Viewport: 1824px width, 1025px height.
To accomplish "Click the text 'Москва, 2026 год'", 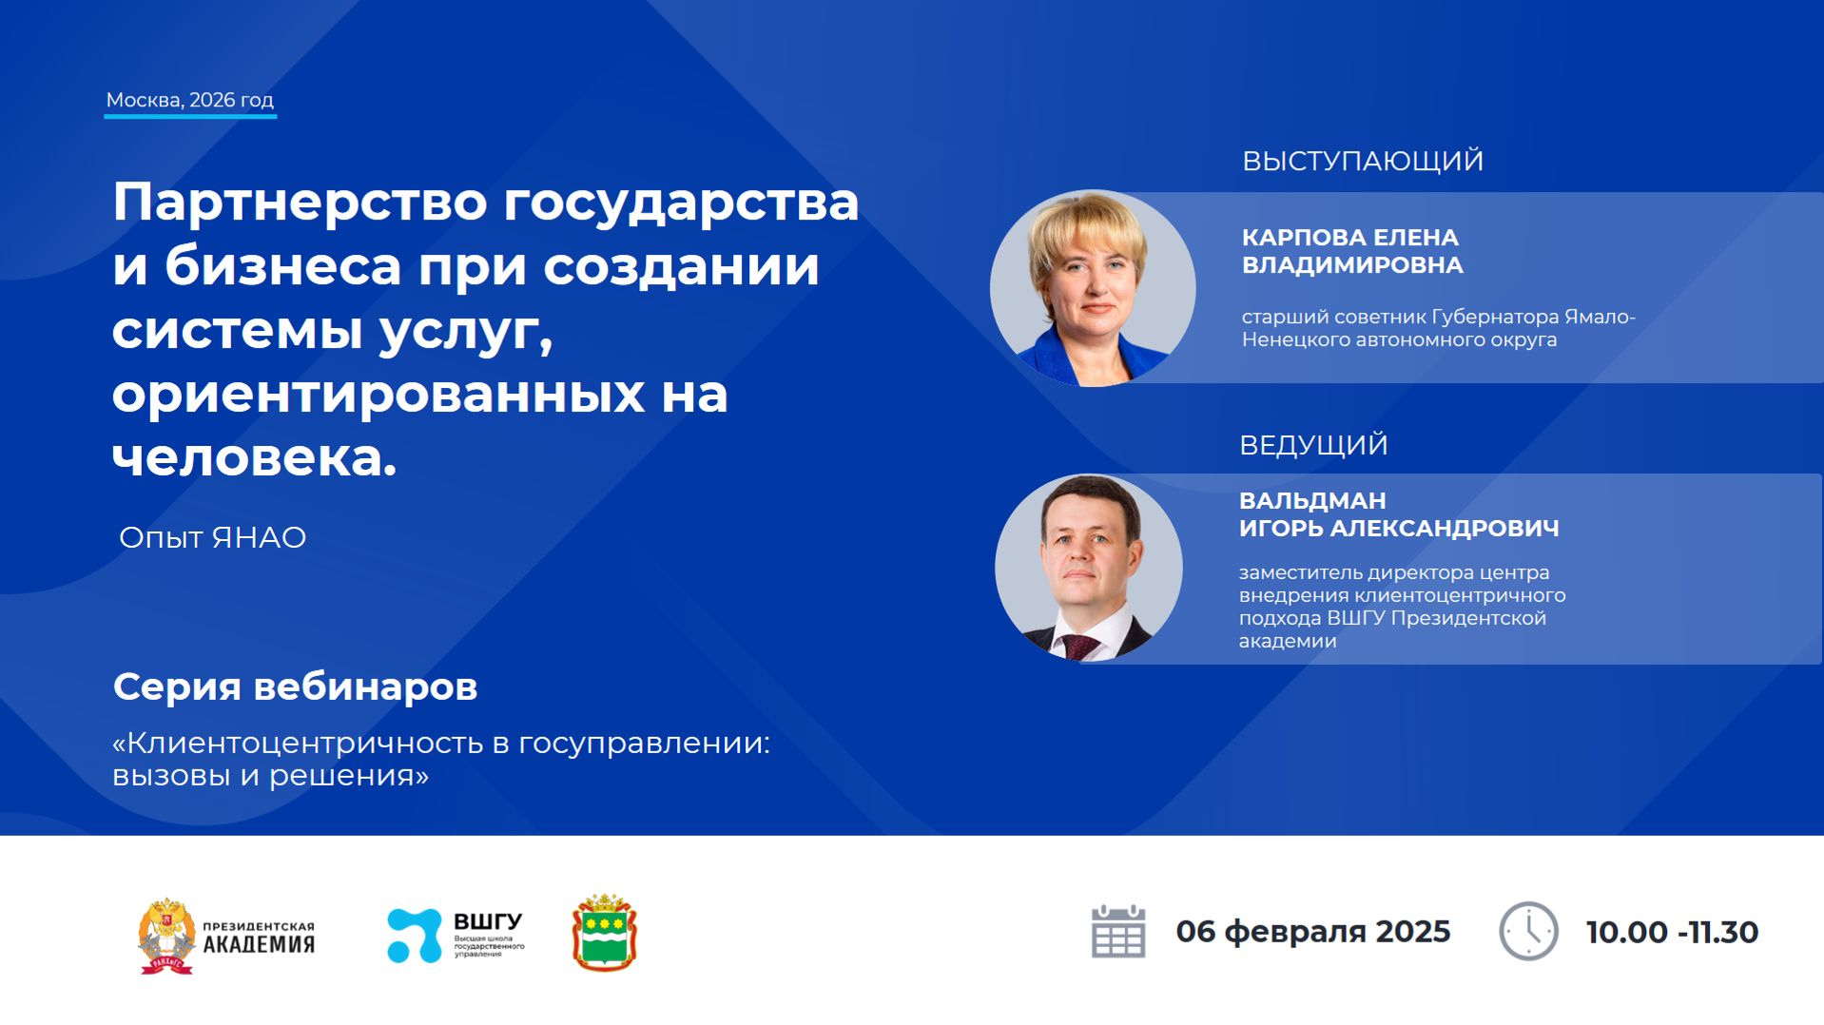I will [x=189, y=100].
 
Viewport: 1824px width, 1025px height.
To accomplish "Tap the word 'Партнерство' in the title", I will [x=300, y=202].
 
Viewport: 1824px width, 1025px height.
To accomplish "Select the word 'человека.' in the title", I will [x=254, y=458].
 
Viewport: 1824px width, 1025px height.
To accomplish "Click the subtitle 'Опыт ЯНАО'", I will [x=212, y=537].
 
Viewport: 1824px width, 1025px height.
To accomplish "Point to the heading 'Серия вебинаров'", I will [x=295, y=687].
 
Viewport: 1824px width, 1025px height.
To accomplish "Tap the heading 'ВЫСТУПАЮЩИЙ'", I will [x=1362, y=161].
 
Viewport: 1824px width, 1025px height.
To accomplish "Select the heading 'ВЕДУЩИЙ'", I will [x=1313, y=445].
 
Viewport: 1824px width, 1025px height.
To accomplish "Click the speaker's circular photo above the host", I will [x=1093, y=288].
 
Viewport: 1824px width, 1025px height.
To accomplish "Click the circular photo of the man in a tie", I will [x=1089, y=568].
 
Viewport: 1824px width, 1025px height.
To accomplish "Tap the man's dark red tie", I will [x=1080, y=648].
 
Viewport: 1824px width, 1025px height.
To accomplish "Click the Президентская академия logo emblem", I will [x=166, y=936].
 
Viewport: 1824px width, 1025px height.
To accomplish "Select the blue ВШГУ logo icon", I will [x=415, y=936].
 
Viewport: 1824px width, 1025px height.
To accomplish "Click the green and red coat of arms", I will [x=604, y=933].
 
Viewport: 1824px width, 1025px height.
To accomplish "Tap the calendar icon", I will [x=1118, y=932].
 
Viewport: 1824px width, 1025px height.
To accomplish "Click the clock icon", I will [x=1528, y=932].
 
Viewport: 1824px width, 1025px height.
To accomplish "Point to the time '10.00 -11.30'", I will [x=1672, y=933].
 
